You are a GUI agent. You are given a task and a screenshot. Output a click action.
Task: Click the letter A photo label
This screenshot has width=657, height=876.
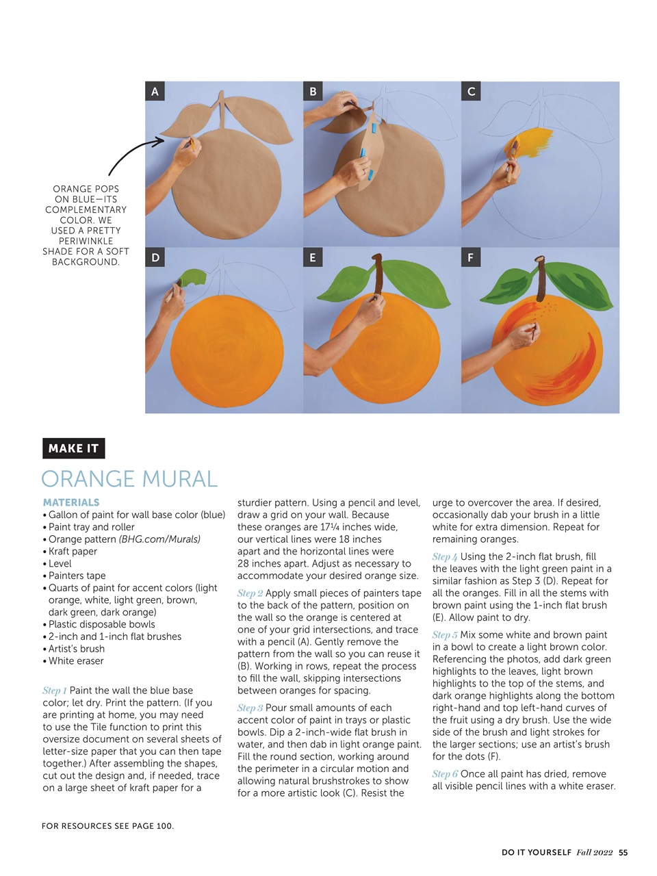155,92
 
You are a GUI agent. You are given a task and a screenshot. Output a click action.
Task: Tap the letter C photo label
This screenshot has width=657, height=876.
471,92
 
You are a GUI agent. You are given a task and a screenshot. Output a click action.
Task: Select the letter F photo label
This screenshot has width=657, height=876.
470,258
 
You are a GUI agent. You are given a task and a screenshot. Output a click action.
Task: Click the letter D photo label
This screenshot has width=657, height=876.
155,258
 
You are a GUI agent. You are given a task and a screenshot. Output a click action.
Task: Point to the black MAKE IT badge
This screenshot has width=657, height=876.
73,448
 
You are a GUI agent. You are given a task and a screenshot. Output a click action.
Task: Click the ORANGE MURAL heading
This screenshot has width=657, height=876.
129,479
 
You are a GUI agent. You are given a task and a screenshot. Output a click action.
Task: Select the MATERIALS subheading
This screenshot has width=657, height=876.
71,502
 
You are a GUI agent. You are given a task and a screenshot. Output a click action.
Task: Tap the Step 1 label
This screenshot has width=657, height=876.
55,691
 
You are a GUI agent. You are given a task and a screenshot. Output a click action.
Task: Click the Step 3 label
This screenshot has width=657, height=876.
250,708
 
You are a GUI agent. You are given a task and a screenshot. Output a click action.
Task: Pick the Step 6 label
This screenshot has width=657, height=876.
445,774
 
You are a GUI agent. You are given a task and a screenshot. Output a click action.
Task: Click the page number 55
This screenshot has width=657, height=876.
623,853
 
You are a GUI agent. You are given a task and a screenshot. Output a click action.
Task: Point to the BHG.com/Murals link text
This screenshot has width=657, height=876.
159,539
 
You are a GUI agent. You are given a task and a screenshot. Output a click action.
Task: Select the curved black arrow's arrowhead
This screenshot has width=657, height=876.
159,142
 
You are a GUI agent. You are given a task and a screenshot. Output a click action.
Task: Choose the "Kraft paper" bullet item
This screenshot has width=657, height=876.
73,552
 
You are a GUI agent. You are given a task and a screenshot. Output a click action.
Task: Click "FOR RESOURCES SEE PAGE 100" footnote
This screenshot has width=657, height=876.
107,826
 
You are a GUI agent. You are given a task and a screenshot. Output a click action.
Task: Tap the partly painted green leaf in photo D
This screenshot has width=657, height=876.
192,277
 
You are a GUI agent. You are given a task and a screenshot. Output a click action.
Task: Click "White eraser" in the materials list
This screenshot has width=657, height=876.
76,661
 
